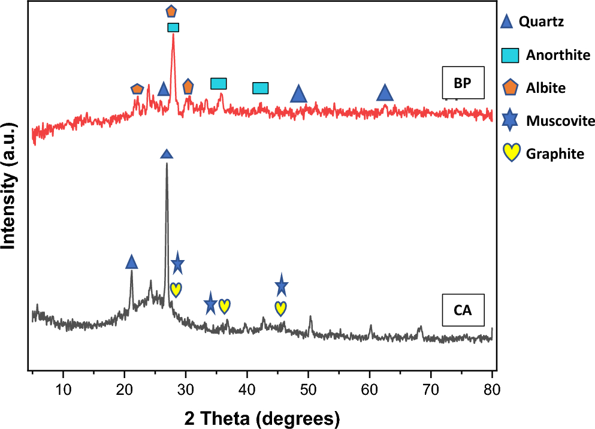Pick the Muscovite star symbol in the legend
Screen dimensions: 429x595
[509, 121]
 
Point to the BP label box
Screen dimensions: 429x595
[462, 83]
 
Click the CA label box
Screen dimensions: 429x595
[462, 310]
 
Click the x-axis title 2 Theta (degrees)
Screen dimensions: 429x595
[262, 416]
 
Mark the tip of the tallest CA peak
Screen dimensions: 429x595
[167, 164]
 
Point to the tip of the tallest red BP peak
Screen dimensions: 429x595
[173, 35]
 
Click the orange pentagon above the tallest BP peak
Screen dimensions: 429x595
[171, 11]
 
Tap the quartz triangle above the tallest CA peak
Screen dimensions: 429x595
[167, 154]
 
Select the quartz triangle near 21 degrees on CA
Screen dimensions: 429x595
[132, 262]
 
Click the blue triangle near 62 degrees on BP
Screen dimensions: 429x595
[385, 93]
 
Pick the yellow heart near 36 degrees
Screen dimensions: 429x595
[224, 306]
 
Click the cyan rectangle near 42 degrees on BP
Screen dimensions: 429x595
[260, 88]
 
